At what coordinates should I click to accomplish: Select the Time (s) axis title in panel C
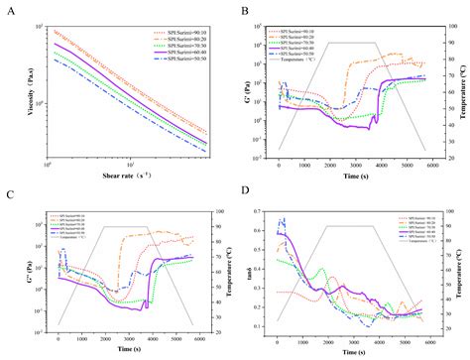click(x=127, y=349)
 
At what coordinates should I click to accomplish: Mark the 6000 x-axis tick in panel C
click(x=198, y=339)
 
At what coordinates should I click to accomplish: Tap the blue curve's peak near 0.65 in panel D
click(x=282, y=219)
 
